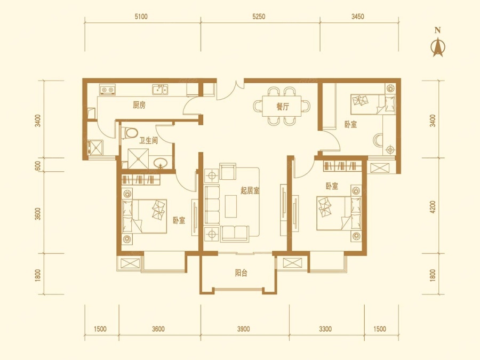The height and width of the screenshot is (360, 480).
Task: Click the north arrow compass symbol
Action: [x=438, y=47]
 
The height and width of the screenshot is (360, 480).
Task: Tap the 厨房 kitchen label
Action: [x=139, y=105]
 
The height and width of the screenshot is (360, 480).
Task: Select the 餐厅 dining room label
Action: [x=282, y=107]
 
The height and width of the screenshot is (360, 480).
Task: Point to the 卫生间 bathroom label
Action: [x=148, y=140]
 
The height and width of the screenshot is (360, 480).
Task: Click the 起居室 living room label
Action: [x=250, y=191]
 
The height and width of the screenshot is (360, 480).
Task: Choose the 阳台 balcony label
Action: [x=241, y=273]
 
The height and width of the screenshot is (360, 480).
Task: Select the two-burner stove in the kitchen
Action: [x=107, y=90]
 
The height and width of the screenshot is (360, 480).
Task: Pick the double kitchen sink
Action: [x=160, y=90]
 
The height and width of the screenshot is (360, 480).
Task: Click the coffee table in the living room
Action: [x=231, y=206]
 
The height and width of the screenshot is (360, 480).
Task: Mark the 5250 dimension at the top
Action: [x=259, y=17]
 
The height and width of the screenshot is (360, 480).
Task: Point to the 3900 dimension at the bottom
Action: [x=243, y=329]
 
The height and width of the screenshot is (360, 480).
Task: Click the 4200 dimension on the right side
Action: [x=433, y=207]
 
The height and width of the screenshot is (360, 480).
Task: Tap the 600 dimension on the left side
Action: [x=38, y=166]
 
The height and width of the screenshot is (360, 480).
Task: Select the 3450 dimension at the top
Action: [x=357, y=17]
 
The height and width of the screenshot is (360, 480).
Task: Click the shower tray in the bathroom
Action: [x=138, y=158]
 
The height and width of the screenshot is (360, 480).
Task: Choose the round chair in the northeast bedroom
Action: [x=378, y=140]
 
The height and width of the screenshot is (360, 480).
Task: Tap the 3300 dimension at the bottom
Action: [x=325, y=329]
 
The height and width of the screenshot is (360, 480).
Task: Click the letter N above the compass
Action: [x=438, y=30]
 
